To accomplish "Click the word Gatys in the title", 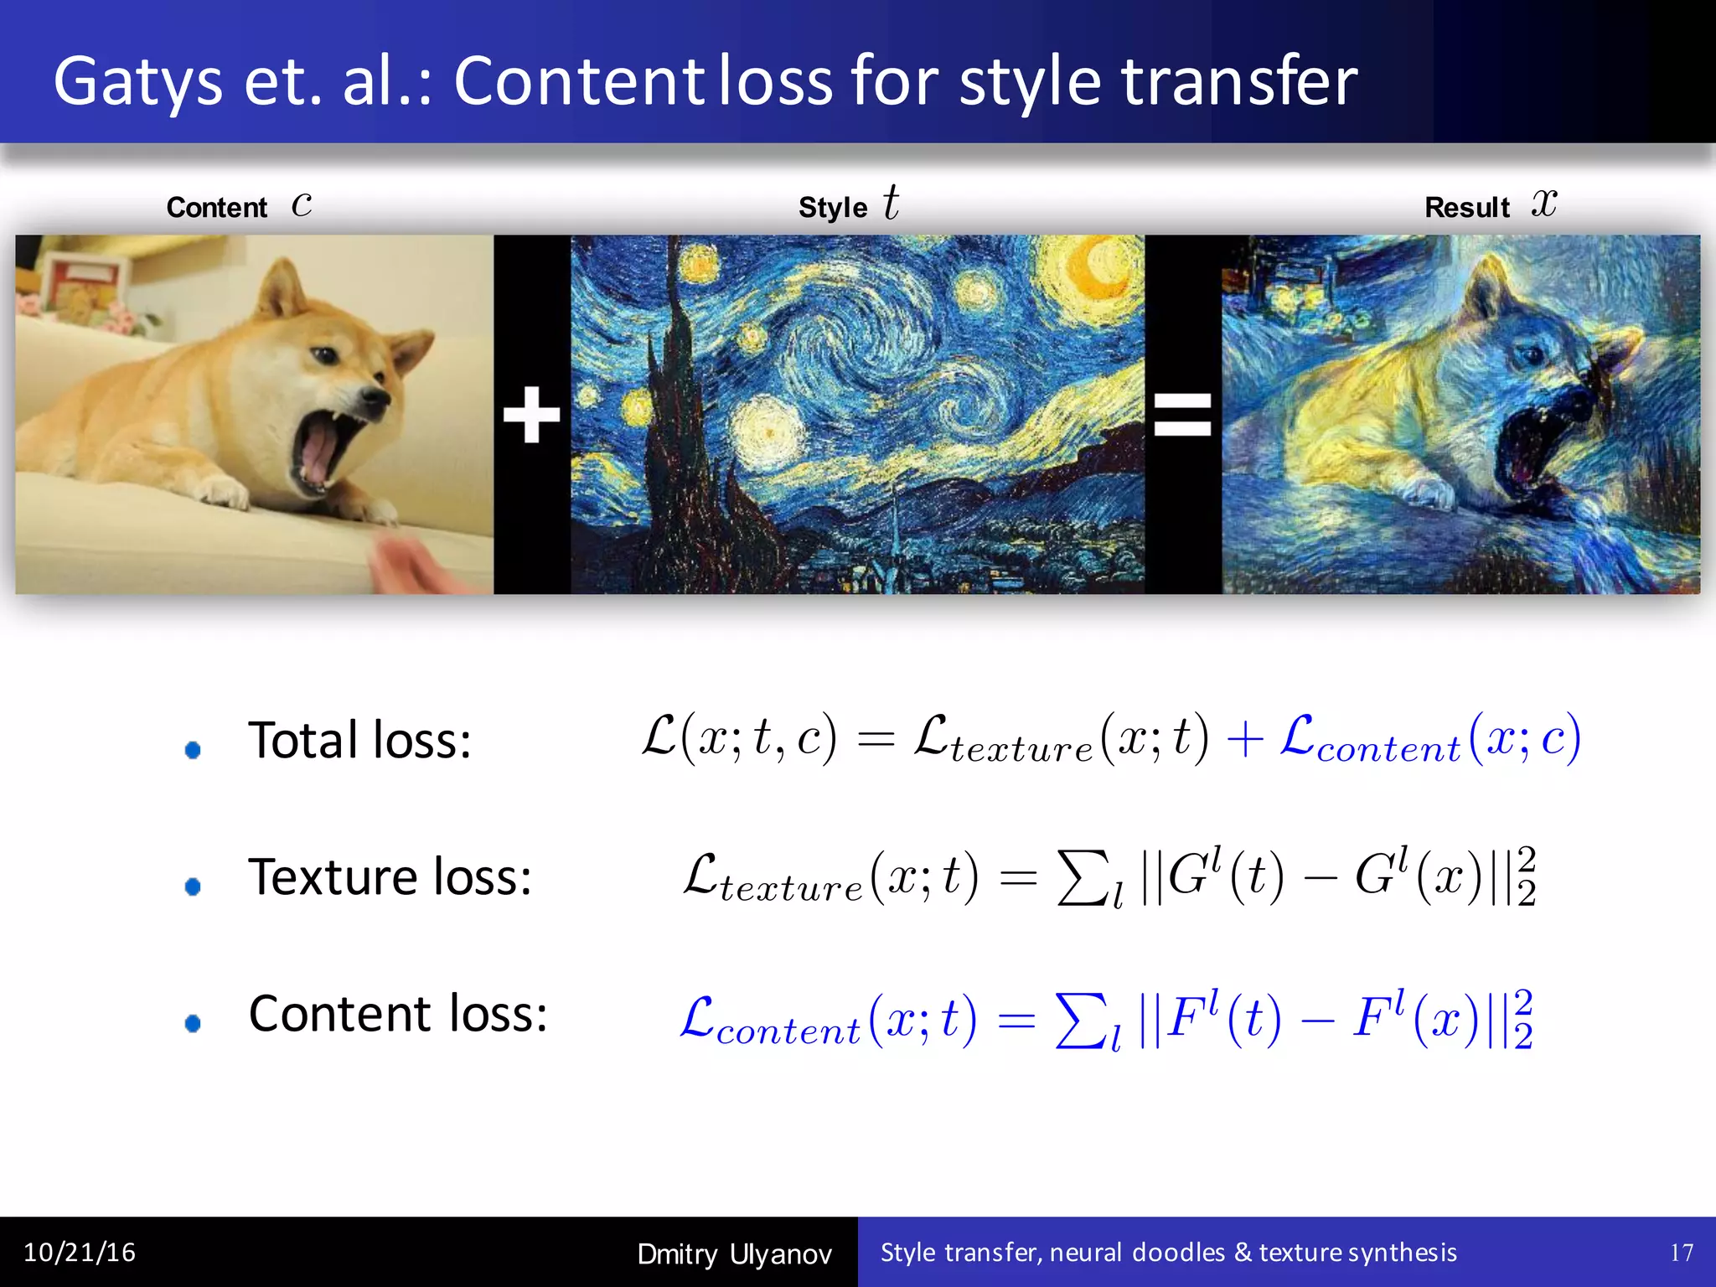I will click(138, 82).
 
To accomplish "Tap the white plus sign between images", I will click(531, 414).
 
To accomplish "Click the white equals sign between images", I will click(1182, 415).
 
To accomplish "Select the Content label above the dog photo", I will click(216, 207).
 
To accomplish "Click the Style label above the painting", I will click(832, 207).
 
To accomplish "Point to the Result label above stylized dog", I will click(1466, 207).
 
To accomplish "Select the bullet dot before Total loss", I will click(193, 749).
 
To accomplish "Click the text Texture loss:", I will click(390, 877).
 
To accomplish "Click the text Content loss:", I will click(398, 1014).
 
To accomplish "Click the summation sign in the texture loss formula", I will click(1083, 878).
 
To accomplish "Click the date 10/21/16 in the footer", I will click(80, 1252).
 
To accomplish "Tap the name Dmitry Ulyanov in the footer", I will click(734, 1253).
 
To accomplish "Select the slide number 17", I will click(1681, 1253).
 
